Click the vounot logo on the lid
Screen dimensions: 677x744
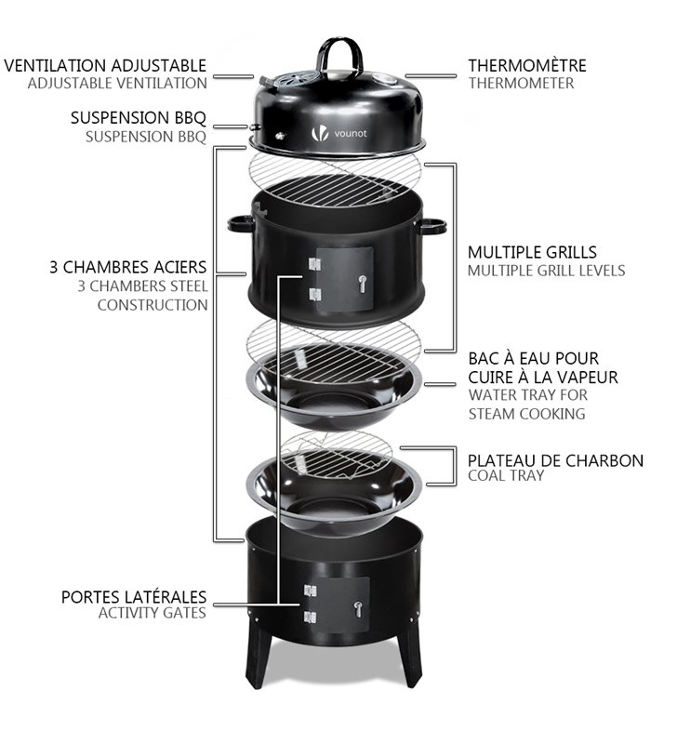(x=339, y=134)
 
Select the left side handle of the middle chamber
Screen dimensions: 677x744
(x=241, y=223)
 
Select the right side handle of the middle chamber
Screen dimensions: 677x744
(x=432, y=226)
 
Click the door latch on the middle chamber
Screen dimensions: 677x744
(x=363, y=284)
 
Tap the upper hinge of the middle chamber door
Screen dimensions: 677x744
(x=314, y=264)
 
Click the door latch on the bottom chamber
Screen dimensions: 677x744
(x=359, y=609)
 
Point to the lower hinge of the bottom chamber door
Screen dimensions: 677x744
(x=311, y=618)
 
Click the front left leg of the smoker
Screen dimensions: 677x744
(x=259, y=659)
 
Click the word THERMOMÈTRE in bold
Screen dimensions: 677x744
(x=527, y=65)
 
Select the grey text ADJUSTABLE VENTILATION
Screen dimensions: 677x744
(x=118, y=84)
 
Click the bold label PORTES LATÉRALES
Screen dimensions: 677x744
(x=134, y=597)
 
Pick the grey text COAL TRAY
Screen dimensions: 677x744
(x=506, y=476)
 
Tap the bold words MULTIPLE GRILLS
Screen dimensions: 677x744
(x=532, y=252)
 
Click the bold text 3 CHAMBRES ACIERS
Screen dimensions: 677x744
(x=128, y=267)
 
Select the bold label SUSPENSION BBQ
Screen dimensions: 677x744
(x=139, y=118)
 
